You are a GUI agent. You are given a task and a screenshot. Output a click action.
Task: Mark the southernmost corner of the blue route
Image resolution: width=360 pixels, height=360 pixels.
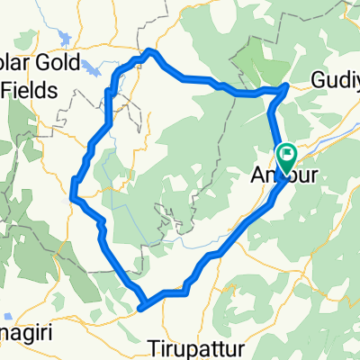click(141, 310)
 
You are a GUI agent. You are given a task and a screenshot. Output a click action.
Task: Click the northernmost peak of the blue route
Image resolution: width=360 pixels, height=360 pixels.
click(150, 51)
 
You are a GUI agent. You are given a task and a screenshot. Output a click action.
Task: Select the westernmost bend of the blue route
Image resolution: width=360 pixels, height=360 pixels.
click(72, 191)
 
